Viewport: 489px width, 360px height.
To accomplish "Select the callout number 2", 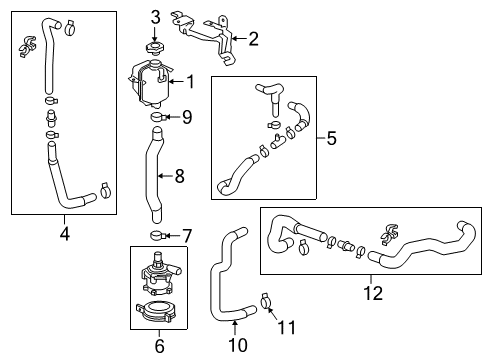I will (x=253, y=39).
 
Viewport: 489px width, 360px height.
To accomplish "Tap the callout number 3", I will (x=155, y=17).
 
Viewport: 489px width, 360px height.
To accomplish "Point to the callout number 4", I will (x=64, y=236).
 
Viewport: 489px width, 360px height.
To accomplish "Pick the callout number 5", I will (x=331, y=138).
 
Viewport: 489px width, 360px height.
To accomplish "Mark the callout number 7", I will (x=187, y=235).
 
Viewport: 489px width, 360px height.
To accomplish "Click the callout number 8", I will (x=180, y=177).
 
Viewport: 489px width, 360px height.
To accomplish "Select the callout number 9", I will (x=187, y=117).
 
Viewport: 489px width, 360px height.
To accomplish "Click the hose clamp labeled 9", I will (x=158, y=118).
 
